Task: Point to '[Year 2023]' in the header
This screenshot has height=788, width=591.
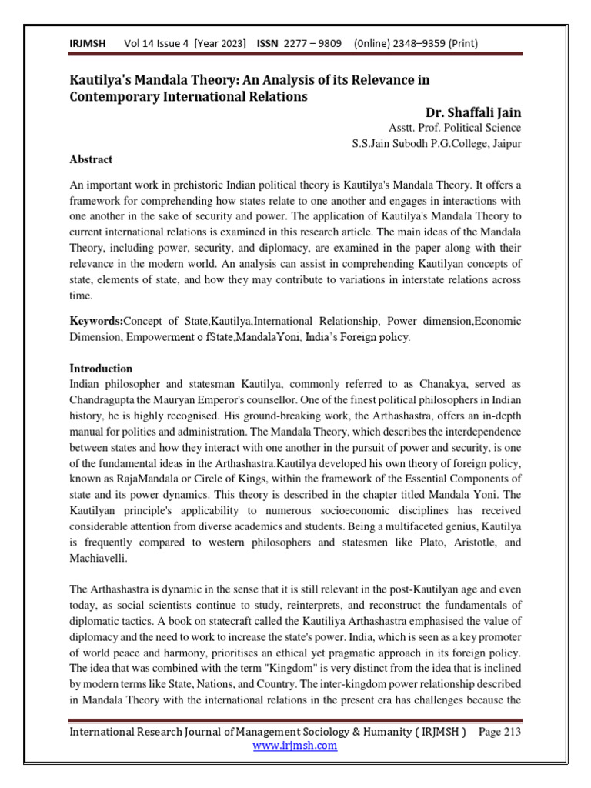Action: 220,44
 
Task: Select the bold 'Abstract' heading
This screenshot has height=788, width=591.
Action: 91,159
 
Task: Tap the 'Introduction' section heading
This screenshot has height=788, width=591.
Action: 101,368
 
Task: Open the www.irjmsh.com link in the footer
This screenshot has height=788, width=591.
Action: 295,745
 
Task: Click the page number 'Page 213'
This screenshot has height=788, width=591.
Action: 499,731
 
